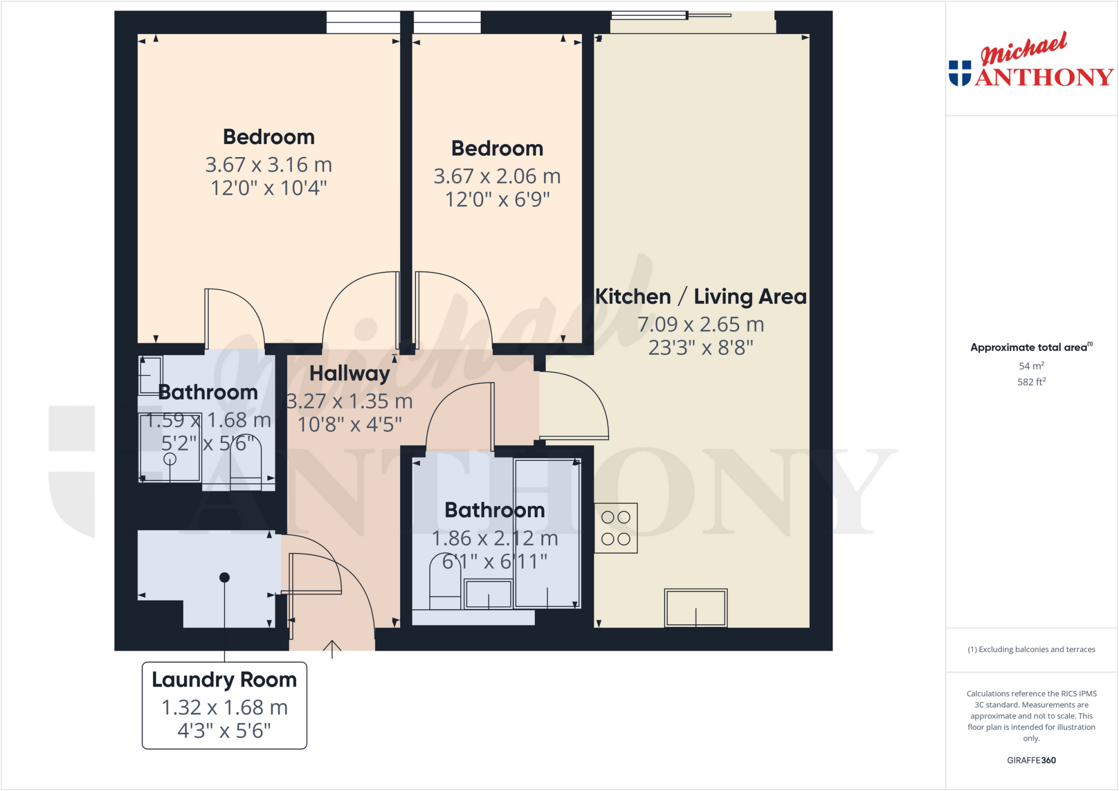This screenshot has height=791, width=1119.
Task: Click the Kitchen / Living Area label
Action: pyautogui.click(x=700, y=297)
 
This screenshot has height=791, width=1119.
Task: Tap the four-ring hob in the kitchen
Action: pyautogui.click(x=616, y=528)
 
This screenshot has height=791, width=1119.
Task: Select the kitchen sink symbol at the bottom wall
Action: pyautogui.click(x=696, y=608)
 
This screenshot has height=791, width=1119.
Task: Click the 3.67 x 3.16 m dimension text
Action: pyautogui.click(x=268, y=165)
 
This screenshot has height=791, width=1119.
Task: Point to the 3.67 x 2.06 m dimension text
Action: pyautogui.click(x=497, y=176)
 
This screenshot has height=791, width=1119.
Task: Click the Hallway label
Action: pyautogui.click(x=350, y=374)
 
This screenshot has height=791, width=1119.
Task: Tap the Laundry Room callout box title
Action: pyautogui.click(x=224, y=680)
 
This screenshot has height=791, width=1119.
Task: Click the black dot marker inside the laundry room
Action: pyautogui.click(x=224, y=578)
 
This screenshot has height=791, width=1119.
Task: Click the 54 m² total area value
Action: pyautogui.click(x=1031, y=366)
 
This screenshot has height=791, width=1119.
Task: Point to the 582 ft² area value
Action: pyautogui.click(x=1031, y=382)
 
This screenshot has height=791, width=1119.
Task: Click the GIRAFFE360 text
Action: pyautogui.click(x=1031, y=760)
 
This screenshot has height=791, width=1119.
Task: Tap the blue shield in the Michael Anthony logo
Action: pyautogui.click(x=959, y=73)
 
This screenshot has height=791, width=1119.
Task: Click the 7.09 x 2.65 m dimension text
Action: pyautogui.click(x=700, y=325)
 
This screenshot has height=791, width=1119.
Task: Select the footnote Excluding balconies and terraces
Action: pyautogui.click(x=1031, y=650)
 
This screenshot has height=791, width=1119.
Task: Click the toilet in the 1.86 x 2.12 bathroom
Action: pyautogui.click(x=445, y=582)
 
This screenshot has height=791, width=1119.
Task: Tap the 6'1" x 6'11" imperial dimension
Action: pyautogui.click(x=494, y=562)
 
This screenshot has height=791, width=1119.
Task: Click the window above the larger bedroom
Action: pyautogui.click(x=363, y=22)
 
